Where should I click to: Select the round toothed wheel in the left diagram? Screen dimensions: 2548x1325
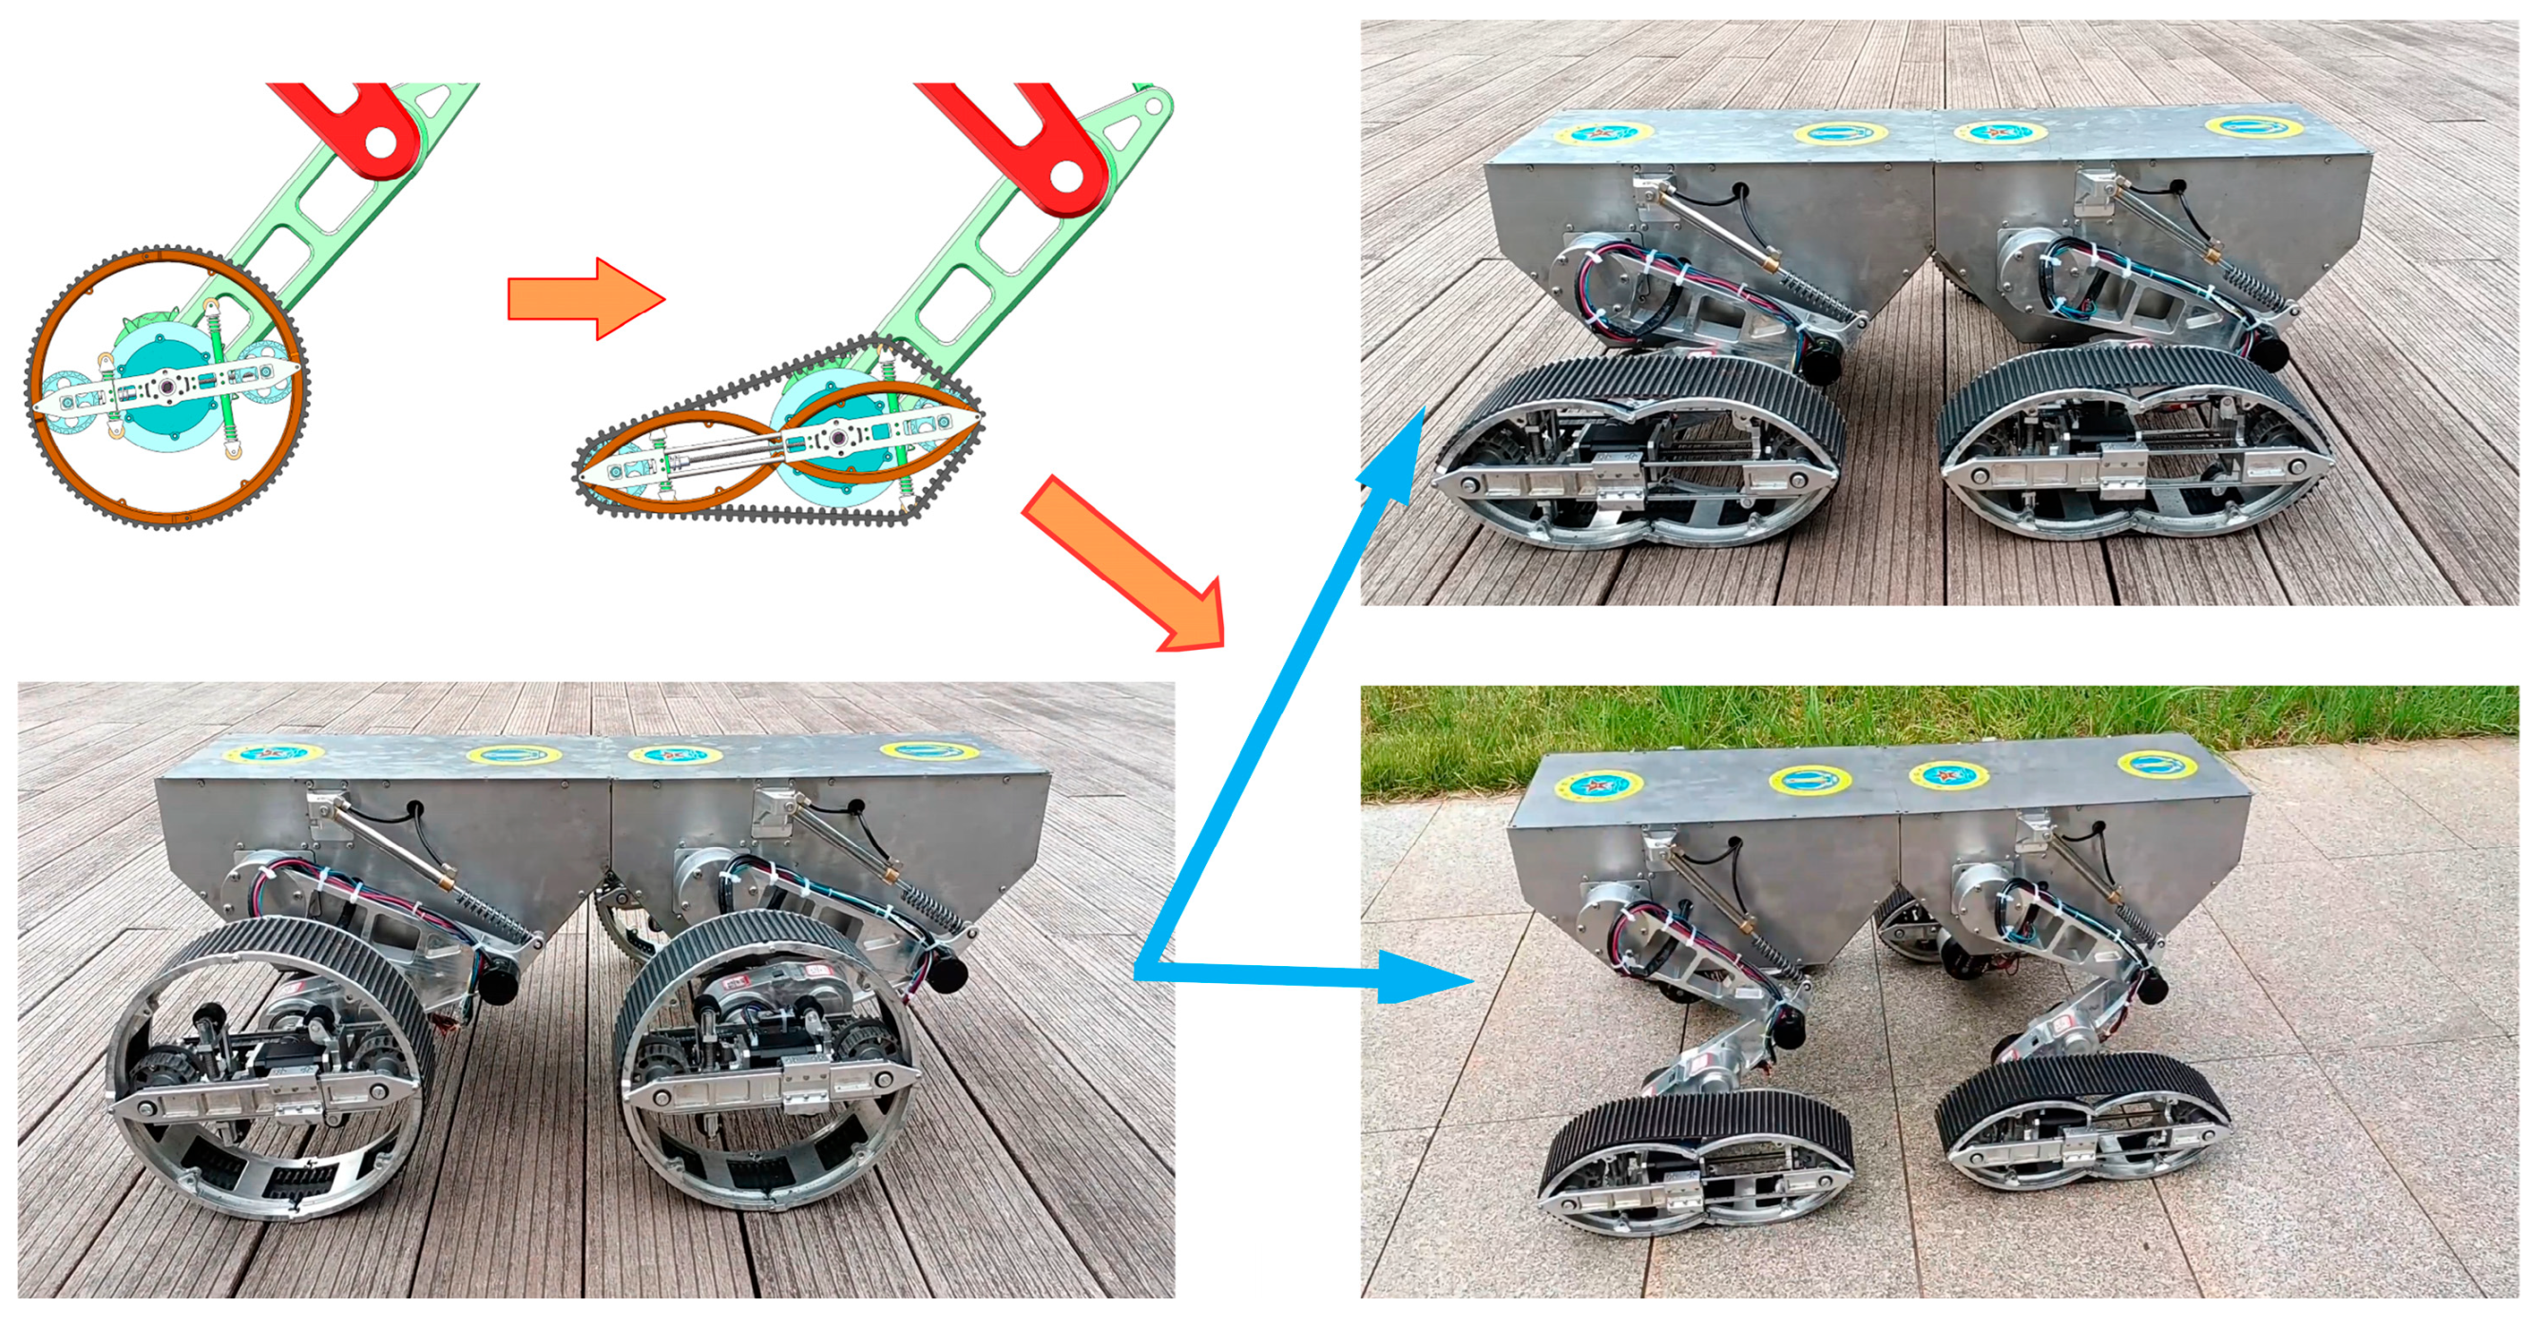coord(166,386)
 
